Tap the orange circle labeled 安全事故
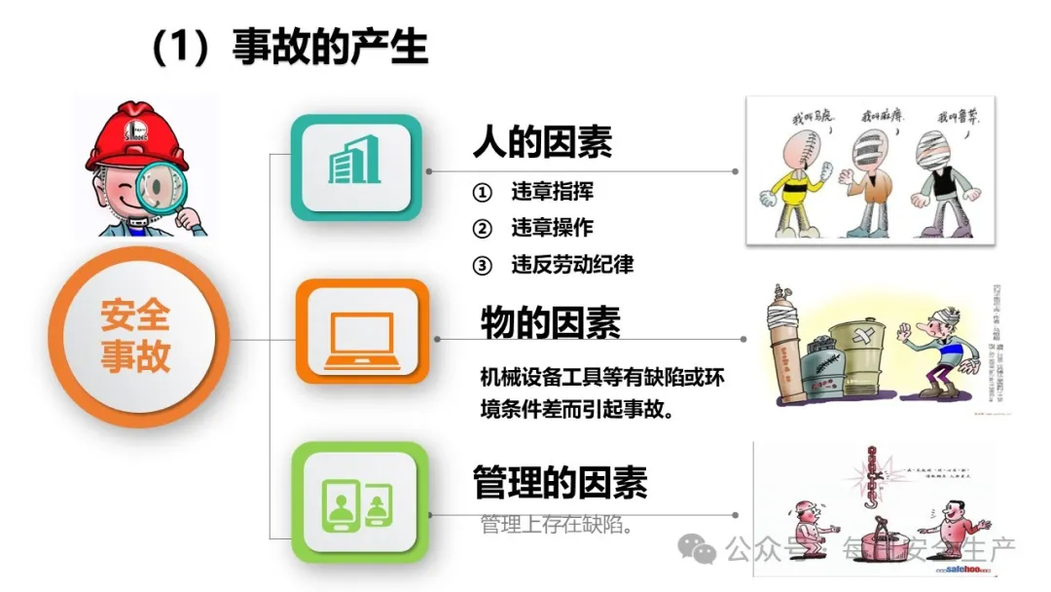pos(135,337)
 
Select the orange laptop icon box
pos(362,332)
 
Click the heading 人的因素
pos(542,142)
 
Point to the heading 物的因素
pos(550,321)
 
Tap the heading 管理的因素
pos(560,482)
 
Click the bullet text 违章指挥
pos(552,192)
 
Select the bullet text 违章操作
pos(552,228)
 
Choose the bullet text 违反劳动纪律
pos(572,264)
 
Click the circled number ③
pos(482,265)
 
